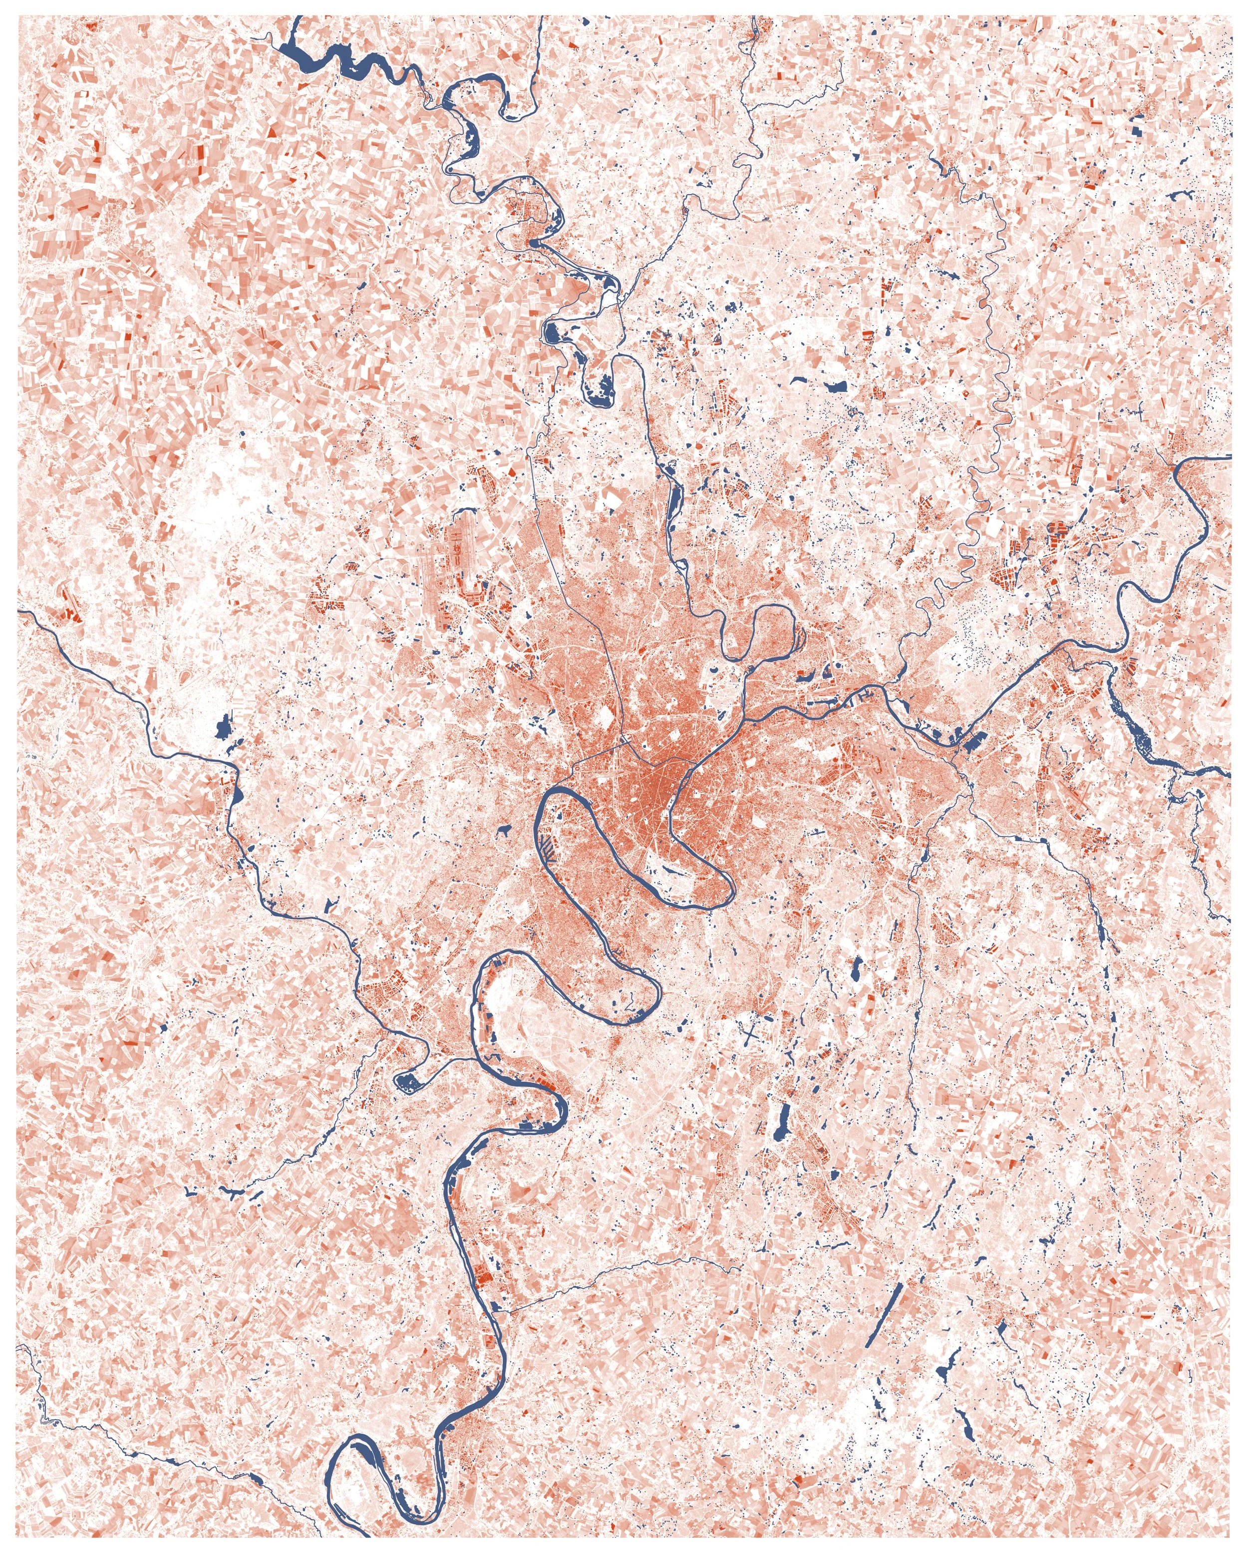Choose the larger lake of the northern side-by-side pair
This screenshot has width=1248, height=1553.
(x=837, y=386)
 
